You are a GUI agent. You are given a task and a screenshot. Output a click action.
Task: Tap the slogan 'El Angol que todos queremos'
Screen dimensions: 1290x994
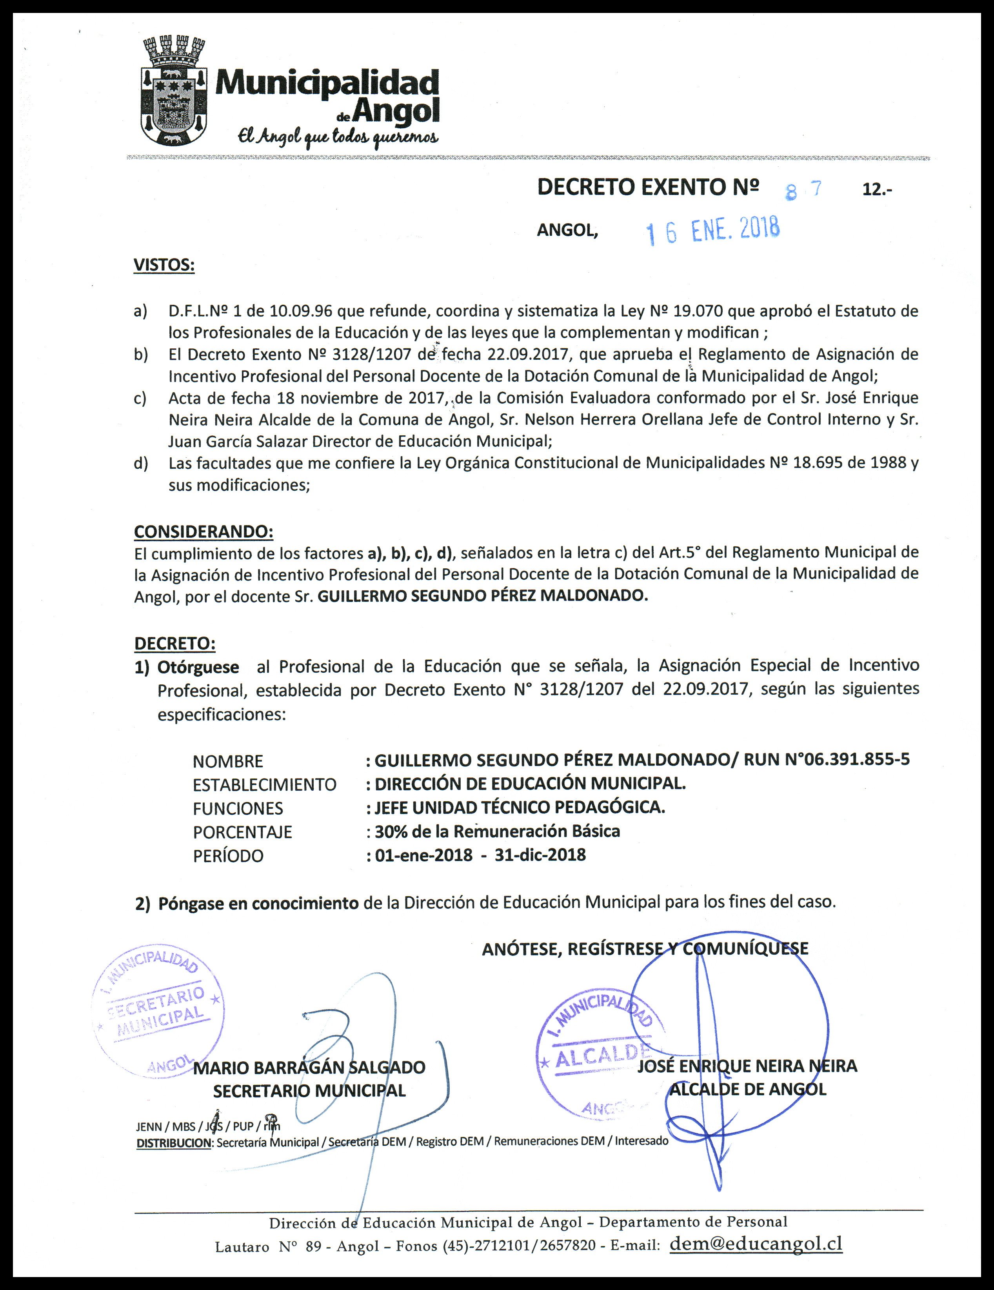(338, 136)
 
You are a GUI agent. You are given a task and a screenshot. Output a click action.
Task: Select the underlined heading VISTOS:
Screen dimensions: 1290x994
(164, 265)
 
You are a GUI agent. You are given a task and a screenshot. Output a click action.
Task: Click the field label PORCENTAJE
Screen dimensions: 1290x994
(242, 832)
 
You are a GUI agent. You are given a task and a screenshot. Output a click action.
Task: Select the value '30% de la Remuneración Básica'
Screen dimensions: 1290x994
(497, 831)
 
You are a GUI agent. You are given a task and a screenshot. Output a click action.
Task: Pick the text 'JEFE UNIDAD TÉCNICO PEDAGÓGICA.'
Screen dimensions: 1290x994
(520, 808)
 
